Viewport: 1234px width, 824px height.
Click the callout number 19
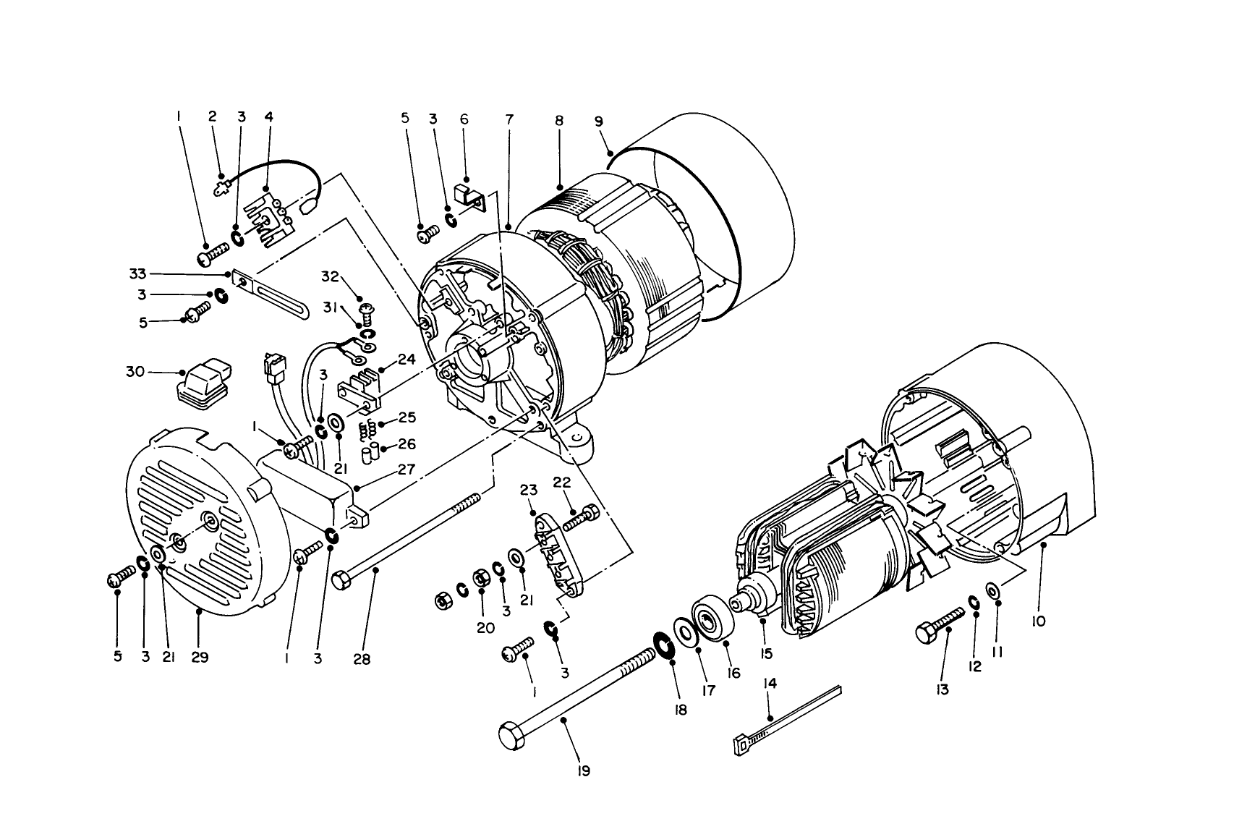(x=584, y=771)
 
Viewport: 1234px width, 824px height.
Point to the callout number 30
(x=135, y=372)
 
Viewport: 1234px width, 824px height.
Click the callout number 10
(x=1039, y=621)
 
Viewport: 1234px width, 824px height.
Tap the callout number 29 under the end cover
(x=200, y=657)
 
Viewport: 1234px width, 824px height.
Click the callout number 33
(x=137, y=273)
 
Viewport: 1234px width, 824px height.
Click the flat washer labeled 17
(x=684, y=630)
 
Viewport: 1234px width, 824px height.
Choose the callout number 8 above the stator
(x=559, y=121)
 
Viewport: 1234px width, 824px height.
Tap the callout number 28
(x=362, y=660)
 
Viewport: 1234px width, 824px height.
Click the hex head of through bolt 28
(x=341, y=580)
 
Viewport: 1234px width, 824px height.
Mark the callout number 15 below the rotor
(x=766, y=653)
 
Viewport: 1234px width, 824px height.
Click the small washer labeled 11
(x=994, y=591)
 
